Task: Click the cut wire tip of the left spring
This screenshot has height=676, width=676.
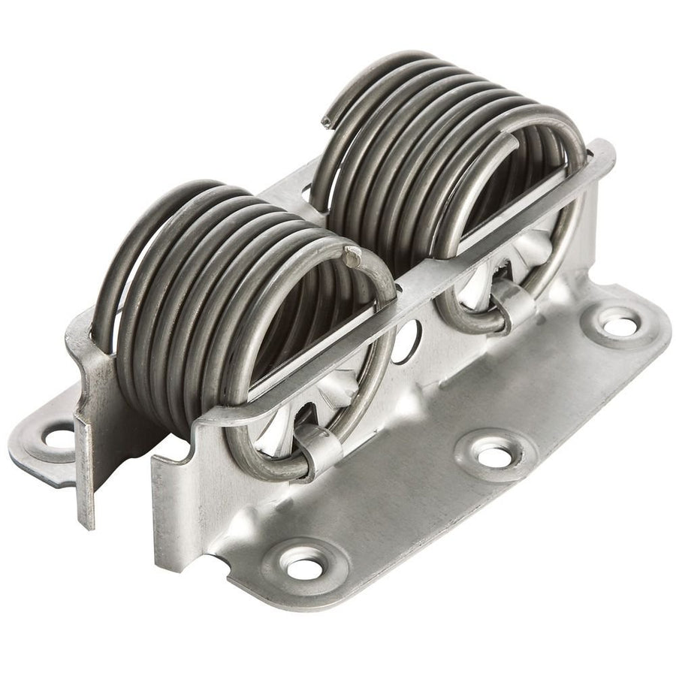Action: coord(352,258)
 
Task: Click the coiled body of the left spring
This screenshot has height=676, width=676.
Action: coord(225,285)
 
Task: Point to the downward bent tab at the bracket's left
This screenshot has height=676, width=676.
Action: coord(88,481)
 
